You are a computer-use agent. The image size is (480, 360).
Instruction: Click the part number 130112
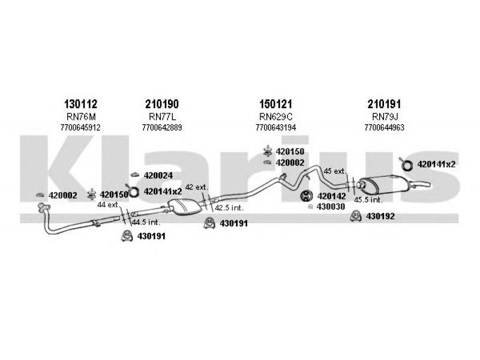coord(80,104)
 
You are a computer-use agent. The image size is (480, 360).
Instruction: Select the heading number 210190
coord(161,104)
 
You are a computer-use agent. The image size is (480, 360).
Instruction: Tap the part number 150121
coord(275,104)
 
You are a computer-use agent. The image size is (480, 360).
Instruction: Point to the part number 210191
coord(384,104)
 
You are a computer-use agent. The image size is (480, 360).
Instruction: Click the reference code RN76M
coord(81,116)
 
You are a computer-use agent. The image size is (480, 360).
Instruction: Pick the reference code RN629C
coord(275,116)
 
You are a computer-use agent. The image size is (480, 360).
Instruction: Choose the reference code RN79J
coord(385,116)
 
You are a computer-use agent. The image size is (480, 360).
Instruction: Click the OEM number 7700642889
coord(161,127)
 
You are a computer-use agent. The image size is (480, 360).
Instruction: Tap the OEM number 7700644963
coord(384,127)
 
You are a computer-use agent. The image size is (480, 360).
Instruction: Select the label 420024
coord(158,175)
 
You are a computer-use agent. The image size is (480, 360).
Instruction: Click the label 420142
coord(332,196)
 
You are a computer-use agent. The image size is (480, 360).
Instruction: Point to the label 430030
coord(331,206)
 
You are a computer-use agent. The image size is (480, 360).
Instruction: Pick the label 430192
coord(380,217)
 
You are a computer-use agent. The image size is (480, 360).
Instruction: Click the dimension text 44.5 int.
coord(146,222)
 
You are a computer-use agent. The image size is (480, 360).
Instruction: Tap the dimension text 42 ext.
coord(197,187)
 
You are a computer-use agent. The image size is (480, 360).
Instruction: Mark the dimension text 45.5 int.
coord(368,200)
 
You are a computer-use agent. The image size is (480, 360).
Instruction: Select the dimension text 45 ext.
coord(335,171)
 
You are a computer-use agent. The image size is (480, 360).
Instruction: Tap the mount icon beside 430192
coord(356,216)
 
